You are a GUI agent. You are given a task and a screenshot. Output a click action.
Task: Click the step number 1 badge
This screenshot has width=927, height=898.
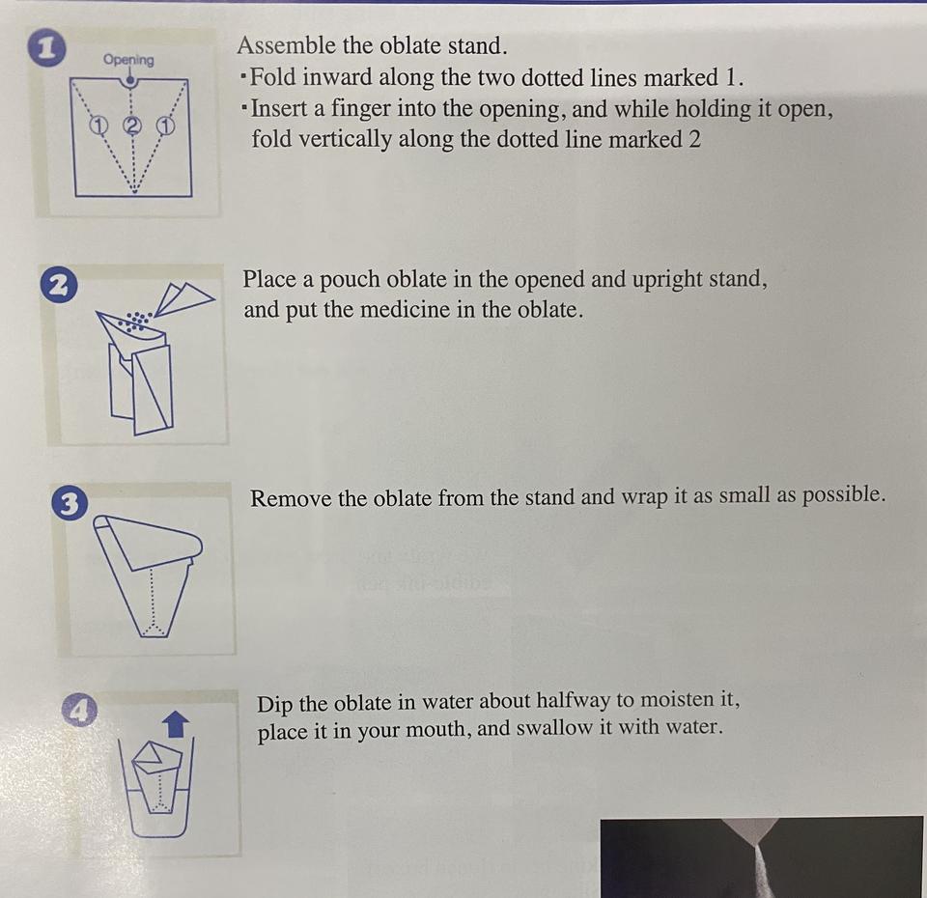[45, 49]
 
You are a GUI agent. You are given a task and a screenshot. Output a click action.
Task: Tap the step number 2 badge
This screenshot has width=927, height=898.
[59, 286]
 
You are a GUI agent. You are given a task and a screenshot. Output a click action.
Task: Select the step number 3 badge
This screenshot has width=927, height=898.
[70, 504]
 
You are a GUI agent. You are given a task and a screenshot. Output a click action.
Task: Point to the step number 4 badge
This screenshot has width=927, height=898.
[80, 710]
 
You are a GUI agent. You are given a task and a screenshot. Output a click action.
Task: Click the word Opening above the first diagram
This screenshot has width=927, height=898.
[128, 60]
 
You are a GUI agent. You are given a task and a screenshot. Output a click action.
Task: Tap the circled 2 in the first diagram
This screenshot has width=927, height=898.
[133, 125]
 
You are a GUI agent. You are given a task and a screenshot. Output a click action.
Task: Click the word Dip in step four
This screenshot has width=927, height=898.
[275, 705]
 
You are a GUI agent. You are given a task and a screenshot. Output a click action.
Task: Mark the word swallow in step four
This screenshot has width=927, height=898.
[554, 728]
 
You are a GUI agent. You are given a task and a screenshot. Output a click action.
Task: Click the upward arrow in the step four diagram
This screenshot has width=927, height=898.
[176, 723]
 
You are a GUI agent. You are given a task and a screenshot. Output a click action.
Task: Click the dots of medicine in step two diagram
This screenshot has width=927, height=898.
[137, 321]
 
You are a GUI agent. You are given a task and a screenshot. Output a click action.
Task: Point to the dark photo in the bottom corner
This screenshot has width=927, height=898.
[762, 857]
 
